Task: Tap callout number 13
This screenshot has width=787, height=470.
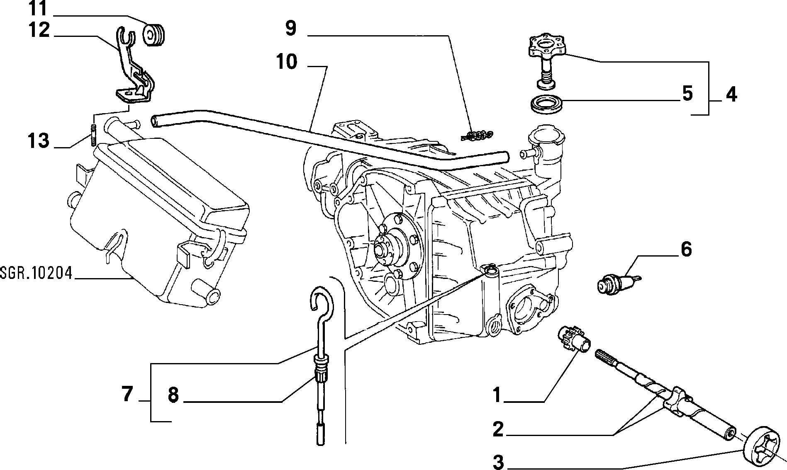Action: pos(39,141)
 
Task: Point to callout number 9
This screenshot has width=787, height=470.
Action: pos(291,29)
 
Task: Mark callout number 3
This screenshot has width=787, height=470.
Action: pos(499,462)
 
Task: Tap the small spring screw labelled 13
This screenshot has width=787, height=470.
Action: pos(93,134)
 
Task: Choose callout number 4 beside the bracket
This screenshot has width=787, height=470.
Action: pos(731,95)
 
